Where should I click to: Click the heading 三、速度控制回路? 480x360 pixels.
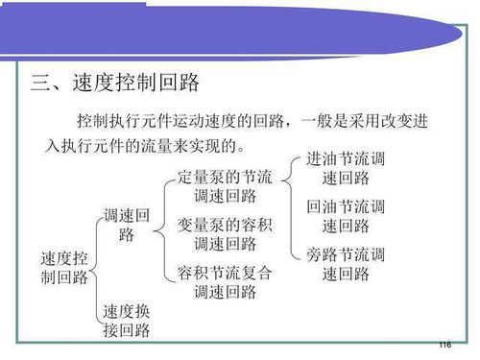(115, 81)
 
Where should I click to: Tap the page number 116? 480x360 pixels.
(444, 345)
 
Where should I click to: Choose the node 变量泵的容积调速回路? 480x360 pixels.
(225, 233)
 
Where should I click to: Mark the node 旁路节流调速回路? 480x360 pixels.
(346, 263)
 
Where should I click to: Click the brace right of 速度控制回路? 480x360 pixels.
(95, 269)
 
